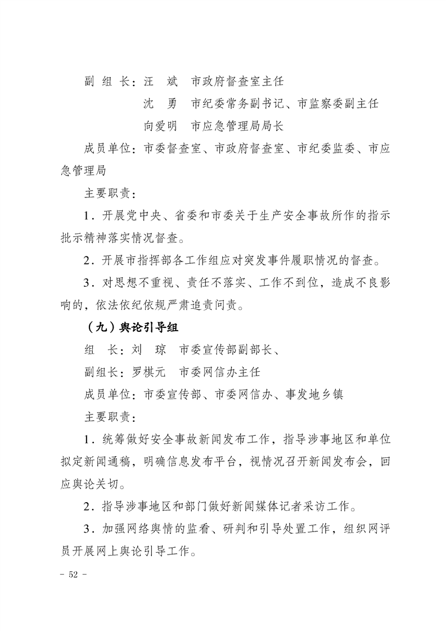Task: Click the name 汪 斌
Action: pyautogui.click(x=160, y=82)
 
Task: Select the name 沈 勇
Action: pyautogui.click(x=160, y=104)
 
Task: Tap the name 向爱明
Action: pyautogui.click(x=160, y=126)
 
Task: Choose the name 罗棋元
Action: pyautogui.click(x=148, y=372)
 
